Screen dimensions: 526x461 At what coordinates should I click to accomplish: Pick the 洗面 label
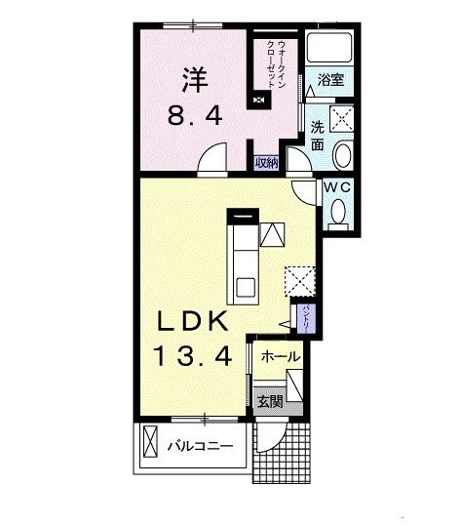[318, 134]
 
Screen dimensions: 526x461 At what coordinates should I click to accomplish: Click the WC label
[336, 185]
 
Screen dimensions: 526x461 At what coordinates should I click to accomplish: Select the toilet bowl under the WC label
[336, 211]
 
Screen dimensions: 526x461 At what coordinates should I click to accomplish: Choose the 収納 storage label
[267, 163]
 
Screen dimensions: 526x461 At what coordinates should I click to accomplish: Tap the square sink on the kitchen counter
[245, 286]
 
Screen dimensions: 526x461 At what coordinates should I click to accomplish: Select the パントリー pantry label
[305, 319]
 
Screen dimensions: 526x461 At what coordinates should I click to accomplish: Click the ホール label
[281, 357]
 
